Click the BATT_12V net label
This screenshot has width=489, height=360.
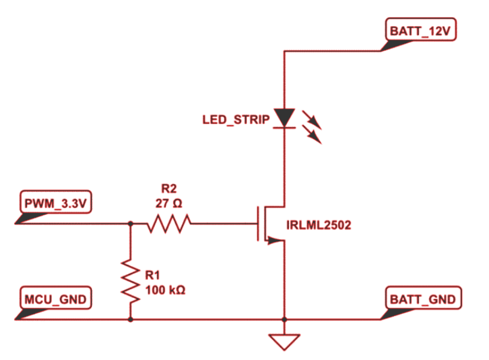[x=420, y=31]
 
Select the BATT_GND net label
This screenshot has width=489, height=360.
[x=422, y=299]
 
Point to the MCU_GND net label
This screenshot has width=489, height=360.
[x=55, y=299]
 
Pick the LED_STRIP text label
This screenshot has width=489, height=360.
[x=236, y=119]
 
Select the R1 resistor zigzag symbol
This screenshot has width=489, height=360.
[x=130, y=280]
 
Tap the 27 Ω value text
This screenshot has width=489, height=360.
[x=169, y=204]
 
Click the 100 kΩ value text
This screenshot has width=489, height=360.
[x=165, y=290]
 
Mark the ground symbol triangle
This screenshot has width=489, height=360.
[x=284, y=341]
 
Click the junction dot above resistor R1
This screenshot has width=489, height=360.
[x=130, y=223]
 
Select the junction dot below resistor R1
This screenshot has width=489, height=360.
[x=130, y=319]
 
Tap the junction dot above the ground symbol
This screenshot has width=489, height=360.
[x=284, y=319]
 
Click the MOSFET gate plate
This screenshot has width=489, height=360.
[x=258, y=223]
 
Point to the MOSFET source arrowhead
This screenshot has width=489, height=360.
[x=273, y=240]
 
